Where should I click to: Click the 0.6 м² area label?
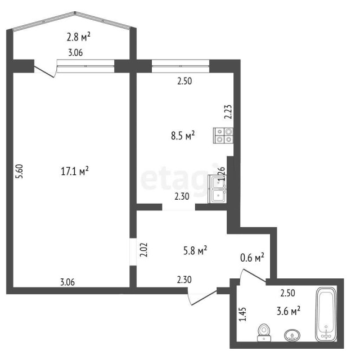(252, 258)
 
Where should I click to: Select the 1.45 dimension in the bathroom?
(242, 314)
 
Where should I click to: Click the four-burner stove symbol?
(224, 135)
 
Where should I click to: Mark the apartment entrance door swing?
(202, 297)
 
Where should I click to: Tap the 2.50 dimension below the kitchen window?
(185, 81)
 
